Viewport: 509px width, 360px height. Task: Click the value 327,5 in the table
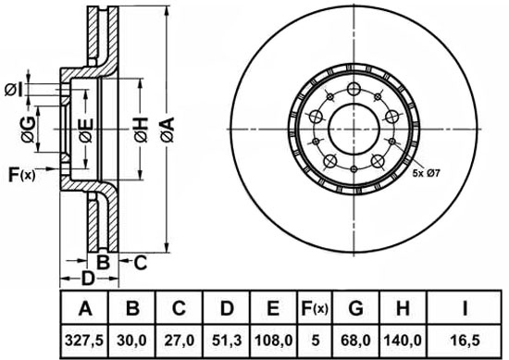pos(84,341)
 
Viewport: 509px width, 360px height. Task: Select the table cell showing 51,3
pos(227,341)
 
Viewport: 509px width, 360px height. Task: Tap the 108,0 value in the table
pos(273,341)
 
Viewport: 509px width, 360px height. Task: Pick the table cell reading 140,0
pos(403,341)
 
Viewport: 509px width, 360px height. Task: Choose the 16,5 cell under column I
pos(465,341)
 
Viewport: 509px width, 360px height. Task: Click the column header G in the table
pos(355,308)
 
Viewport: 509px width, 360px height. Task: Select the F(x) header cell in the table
pos(315,308)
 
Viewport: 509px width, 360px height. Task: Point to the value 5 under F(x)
pos(315,341)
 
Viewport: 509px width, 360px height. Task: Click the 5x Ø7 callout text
pos(426,173)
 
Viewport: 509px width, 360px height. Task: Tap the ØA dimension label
pos(168,130)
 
